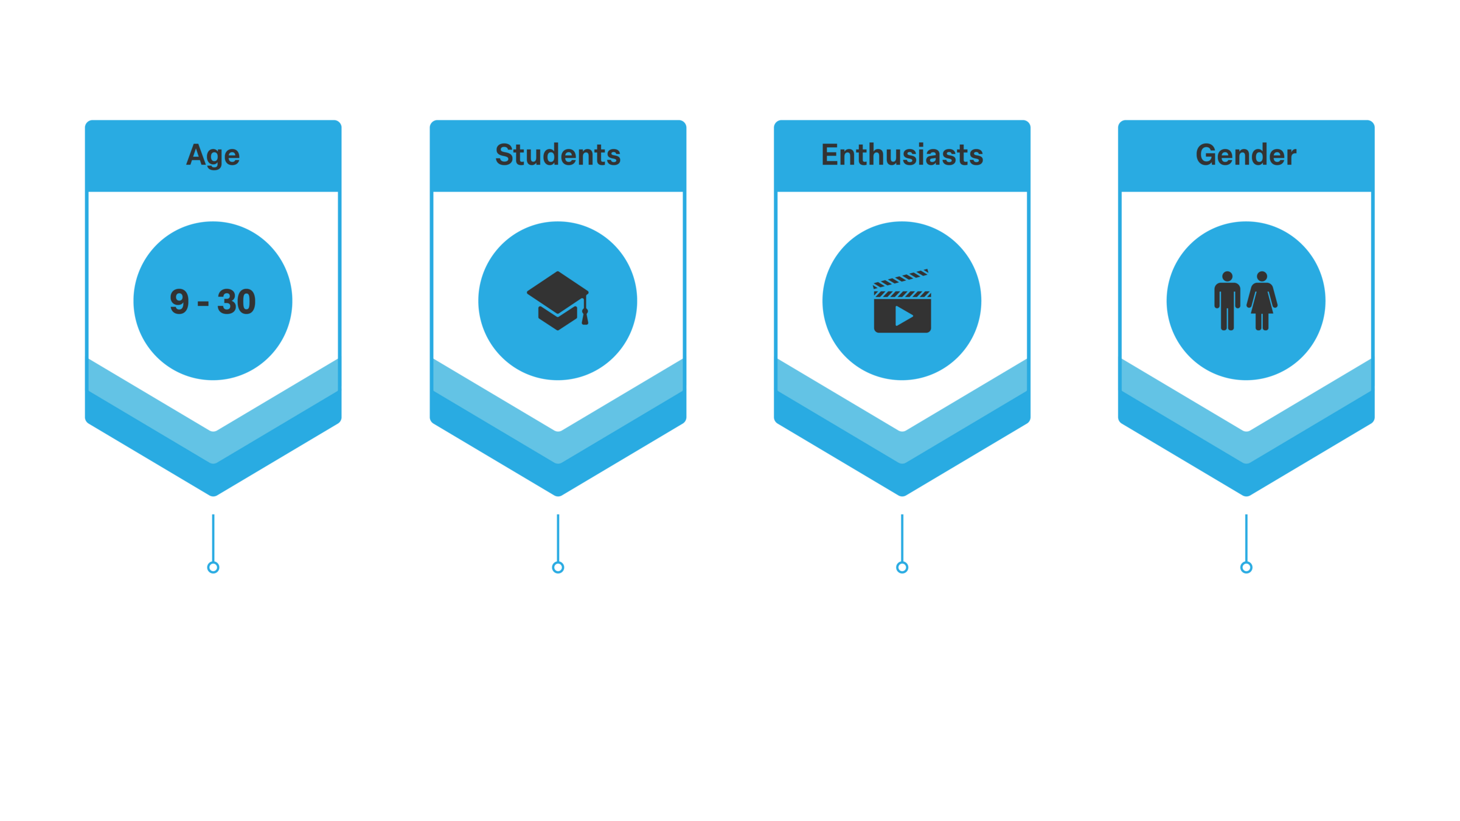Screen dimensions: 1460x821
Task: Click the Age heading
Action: point(213,155)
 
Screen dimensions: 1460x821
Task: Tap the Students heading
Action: point(558,155)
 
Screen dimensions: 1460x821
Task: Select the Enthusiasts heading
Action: point(902,155)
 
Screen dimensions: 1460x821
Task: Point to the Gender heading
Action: point(1246,155)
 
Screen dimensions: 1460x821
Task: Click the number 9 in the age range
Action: point(179,302)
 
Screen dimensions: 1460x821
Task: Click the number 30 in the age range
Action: point(237,302)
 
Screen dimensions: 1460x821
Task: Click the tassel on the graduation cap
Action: point(585,316)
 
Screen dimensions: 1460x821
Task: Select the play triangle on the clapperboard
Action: point(903,316)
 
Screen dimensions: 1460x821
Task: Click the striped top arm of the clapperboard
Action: point(900,278)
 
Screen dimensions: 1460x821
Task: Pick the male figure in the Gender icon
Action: point(1227,301)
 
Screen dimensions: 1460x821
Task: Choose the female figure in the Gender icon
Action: point(1262,301)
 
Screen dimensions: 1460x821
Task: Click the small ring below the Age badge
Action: point(213,567)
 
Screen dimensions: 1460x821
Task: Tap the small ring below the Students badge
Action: point(558,567)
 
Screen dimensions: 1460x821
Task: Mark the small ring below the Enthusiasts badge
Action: point(902,567)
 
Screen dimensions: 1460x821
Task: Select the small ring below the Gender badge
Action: point(1246,567)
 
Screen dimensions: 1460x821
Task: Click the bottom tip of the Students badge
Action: point(558,491)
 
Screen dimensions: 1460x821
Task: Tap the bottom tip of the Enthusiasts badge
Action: point(902,491)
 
